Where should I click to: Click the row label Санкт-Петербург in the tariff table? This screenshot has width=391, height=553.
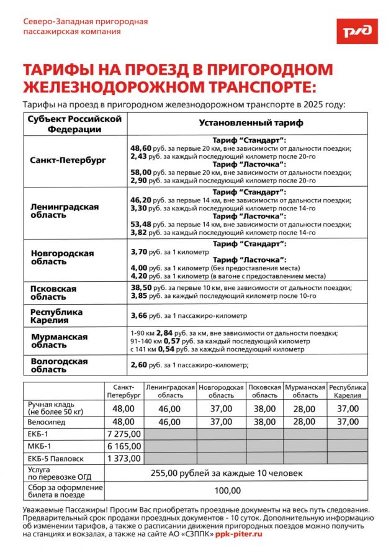tap(68, 160)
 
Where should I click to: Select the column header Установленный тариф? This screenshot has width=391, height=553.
tap(251, 123)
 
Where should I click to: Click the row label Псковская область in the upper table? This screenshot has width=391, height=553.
tap(53, 293)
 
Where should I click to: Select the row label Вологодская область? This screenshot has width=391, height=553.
tap(59, 365)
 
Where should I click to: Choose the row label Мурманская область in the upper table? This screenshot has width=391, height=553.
tap(59, 341)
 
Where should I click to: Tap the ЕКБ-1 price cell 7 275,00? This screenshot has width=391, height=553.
tap(124, 434)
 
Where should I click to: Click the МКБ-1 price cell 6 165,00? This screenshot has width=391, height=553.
tap(124, 446)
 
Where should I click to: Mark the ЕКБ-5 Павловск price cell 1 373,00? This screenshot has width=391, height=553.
tap(124, 459)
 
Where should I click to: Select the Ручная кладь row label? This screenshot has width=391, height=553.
tap(55, 408)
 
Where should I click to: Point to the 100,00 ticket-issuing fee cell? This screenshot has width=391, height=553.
tap(227, 491)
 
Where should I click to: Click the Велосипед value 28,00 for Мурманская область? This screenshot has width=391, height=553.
tap(305, 421)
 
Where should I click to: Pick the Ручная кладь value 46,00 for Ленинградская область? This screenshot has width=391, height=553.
tap(169, 408)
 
